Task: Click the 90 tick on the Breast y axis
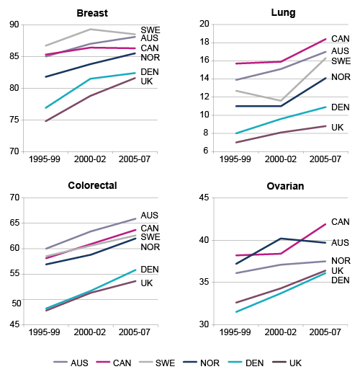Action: (x=14, y=25)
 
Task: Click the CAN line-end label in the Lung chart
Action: (x=340, y=39)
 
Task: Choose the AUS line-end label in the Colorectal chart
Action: (x=150, y=216)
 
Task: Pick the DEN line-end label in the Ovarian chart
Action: (x=340, y=280)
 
